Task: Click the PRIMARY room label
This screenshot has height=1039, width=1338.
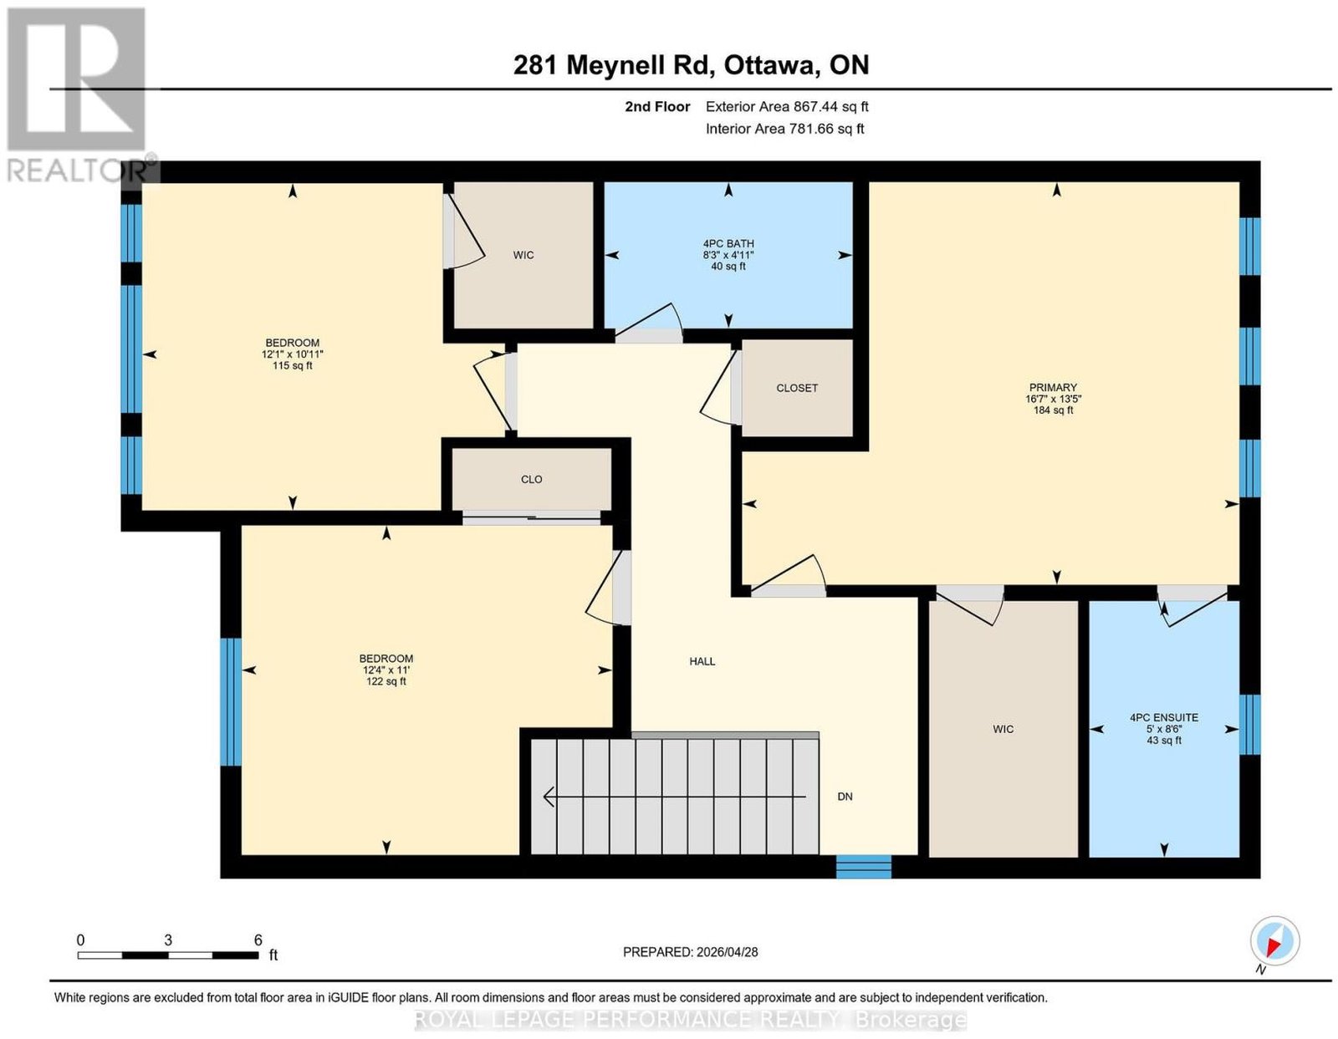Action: tap(1053, 387)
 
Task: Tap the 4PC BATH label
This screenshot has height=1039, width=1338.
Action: tap(728, 243)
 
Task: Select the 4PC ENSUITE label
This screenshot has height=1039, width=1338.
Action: tap(1164, 717)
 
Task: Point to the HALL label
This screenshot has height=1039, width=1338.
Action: tap(702, 661)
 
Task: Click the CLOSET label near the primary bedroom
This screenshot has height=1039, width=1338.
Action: tap(797, 388)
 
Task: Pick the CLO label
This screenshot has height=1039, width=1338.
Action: tap(531, 479)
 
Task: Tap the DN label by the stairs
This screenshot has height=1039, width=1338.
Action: tap(845, 797)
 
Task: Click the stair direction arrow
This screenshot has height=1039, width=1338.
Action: tap(674, 797)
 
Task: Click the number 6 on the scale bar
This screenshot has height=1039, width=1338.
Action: tap(258, 940)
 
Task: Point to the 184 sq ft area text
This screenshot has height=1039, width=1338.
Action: tap(1053, 410)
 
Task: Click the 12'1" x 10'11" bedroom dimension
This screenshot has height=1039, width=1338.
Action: tap(293, 354)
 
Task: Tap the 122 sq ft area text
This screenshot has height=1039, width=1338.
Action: tap(386, 681)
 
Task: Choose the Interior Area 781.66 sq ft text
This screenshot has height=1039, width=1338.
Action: tap(785, 129)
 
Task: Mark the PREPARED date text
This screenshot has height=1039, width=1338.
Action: tap(690, 951)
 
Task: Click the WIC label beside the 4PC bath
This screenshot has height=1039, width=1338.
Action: tap(523, 255)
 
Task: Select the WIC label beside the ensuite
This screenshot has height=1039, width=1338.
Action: tap(1003, 729)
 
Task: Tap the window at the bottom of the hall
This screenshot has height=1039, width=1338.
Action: tap(864, 867)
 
